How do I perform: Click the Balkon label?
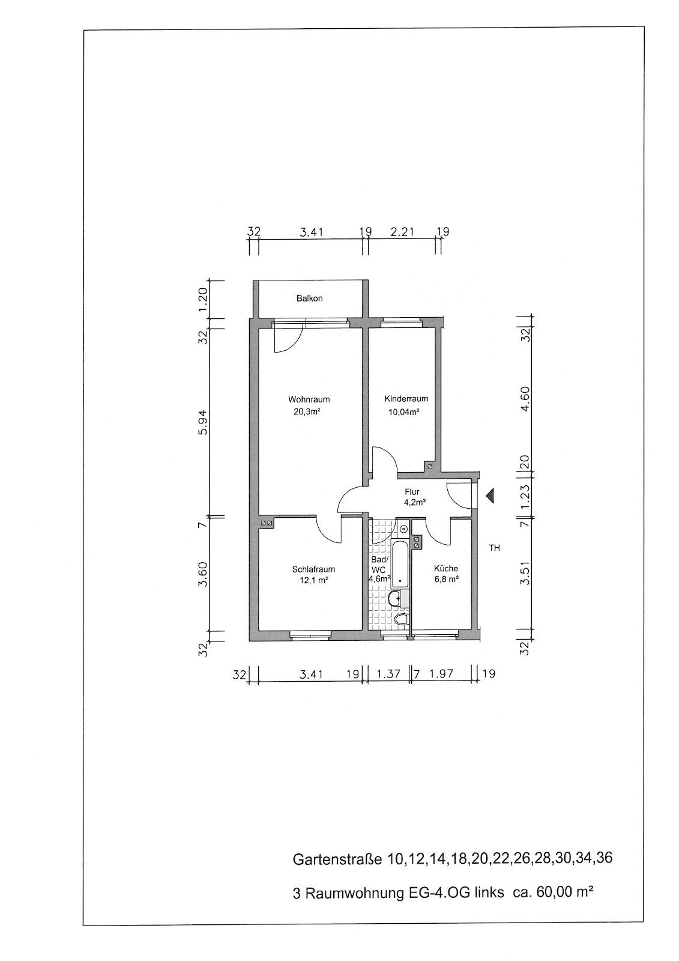tap(309, 298)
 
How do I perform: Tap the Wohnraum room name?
tap(309, 399)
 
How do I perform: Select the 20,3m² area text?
tap(307, 412)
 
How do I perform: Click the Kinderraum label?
tap(406, 399)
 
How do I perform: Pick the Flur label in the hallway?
tap(412, 492)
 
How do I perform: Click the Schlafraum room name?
tap(313, 569)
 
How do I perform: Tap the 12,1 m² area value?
tap(314, 581)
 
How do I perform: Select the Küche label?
tap(445, 568)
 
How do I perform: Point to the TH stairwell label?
tap(495, 548)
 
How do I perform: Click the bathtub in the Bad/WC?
tap(400, 564)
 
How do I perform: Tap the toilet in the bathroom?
tap(402, 619)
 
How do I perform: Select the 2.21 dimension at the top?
tap(402, 232)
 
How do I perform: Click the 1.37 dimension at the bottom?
tap(388, 674)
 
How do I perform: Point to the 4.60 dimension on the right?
tap(525, 399)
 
